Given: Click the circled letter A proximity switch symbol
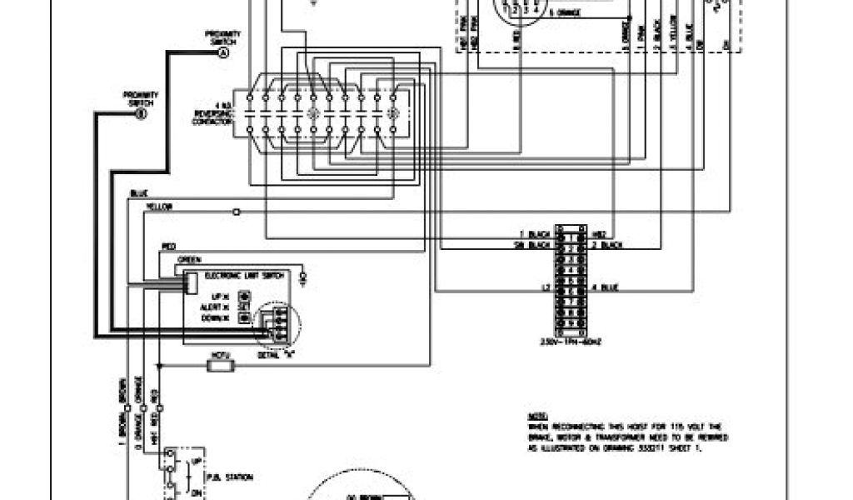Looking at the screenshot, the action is tap(222, 53).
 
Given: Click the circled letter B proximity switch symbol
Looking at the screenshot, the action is tap(139, 112).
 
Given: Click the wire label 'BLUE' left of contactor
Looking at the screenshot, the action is tap(138, 195).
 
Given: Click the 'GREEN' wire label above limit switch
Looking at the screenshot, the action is tap(189, 259).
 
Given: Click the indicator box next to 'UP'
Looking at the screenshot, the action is tap(245, 295).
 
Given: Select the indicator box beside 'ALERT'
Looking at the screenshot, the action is tap(245, 306).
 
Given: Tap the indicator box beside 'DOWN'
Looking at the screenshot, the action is tap(245, 317).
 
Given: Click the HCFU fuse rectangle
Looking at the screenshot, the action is tap(221, 364).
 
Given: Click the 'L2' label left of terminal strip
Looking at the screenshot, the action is tap(546, 288).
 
